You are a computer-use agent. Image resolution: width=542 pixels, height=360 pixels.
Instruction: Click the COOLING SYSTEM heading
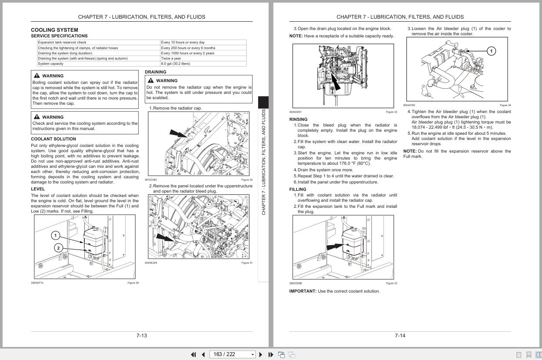54,30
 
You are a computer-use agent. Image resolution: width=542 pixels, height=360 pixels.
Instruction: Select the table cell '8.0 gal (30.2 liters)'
176,63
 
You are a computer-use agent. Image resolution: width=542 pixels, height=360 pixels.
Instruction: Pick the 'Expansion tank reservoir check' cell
62,43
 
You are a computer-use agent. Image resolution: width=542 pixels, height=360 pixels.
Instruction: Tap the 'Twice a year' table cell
171,58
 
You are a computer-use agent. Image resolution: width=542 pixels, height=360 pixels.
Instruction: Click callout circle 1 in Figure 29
56,236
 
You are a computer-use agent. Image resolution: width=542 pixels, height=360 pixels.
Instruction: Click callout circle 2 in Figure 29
59,248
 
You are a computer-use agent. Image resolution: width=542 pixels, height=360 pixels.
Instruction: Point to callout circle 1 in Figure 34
491,51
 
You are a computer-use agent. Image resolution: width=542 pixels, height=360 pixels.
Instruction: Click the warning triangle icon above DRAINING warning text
150,80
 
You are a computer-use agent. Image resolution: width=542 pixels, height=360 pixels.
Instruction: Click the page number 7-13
142,336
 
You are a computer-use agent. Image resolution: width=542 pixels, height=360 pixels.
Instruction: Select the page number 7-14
400,336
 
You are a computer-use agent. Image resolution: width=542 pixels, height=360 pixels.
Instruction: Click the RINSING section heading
298,119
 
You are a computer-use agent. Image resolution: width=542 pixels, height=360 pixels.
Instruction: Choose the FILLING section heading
298,189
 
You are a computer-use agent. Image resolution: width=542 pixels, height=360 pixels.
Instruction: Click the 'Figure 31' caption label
246,263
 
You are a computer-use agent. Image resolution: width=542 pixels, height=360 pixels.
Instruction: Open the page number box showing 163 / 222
233,354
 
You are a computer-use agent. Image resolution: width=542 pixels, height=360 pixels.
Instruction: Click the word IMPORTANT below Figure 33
303,291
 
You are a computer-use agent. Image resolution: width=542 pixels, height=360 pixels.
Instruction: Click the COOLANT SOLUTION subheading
53,139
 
